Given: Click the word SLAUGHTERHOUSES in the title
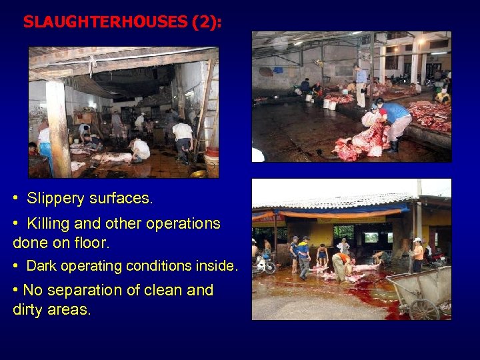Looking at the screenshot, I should tap(105, 22).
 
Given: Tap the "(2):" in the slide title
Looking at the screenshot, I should tap(207, 22).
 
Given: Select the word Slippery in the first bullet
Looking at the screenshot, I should tap(53, 198).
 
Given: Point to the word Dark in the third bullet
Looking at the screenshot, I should tap(41, 266).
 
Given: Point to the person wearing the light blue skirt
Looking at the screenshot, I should tap(45, 148).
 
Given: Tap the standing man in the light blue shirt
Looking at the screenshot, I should tap(361, 85).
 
